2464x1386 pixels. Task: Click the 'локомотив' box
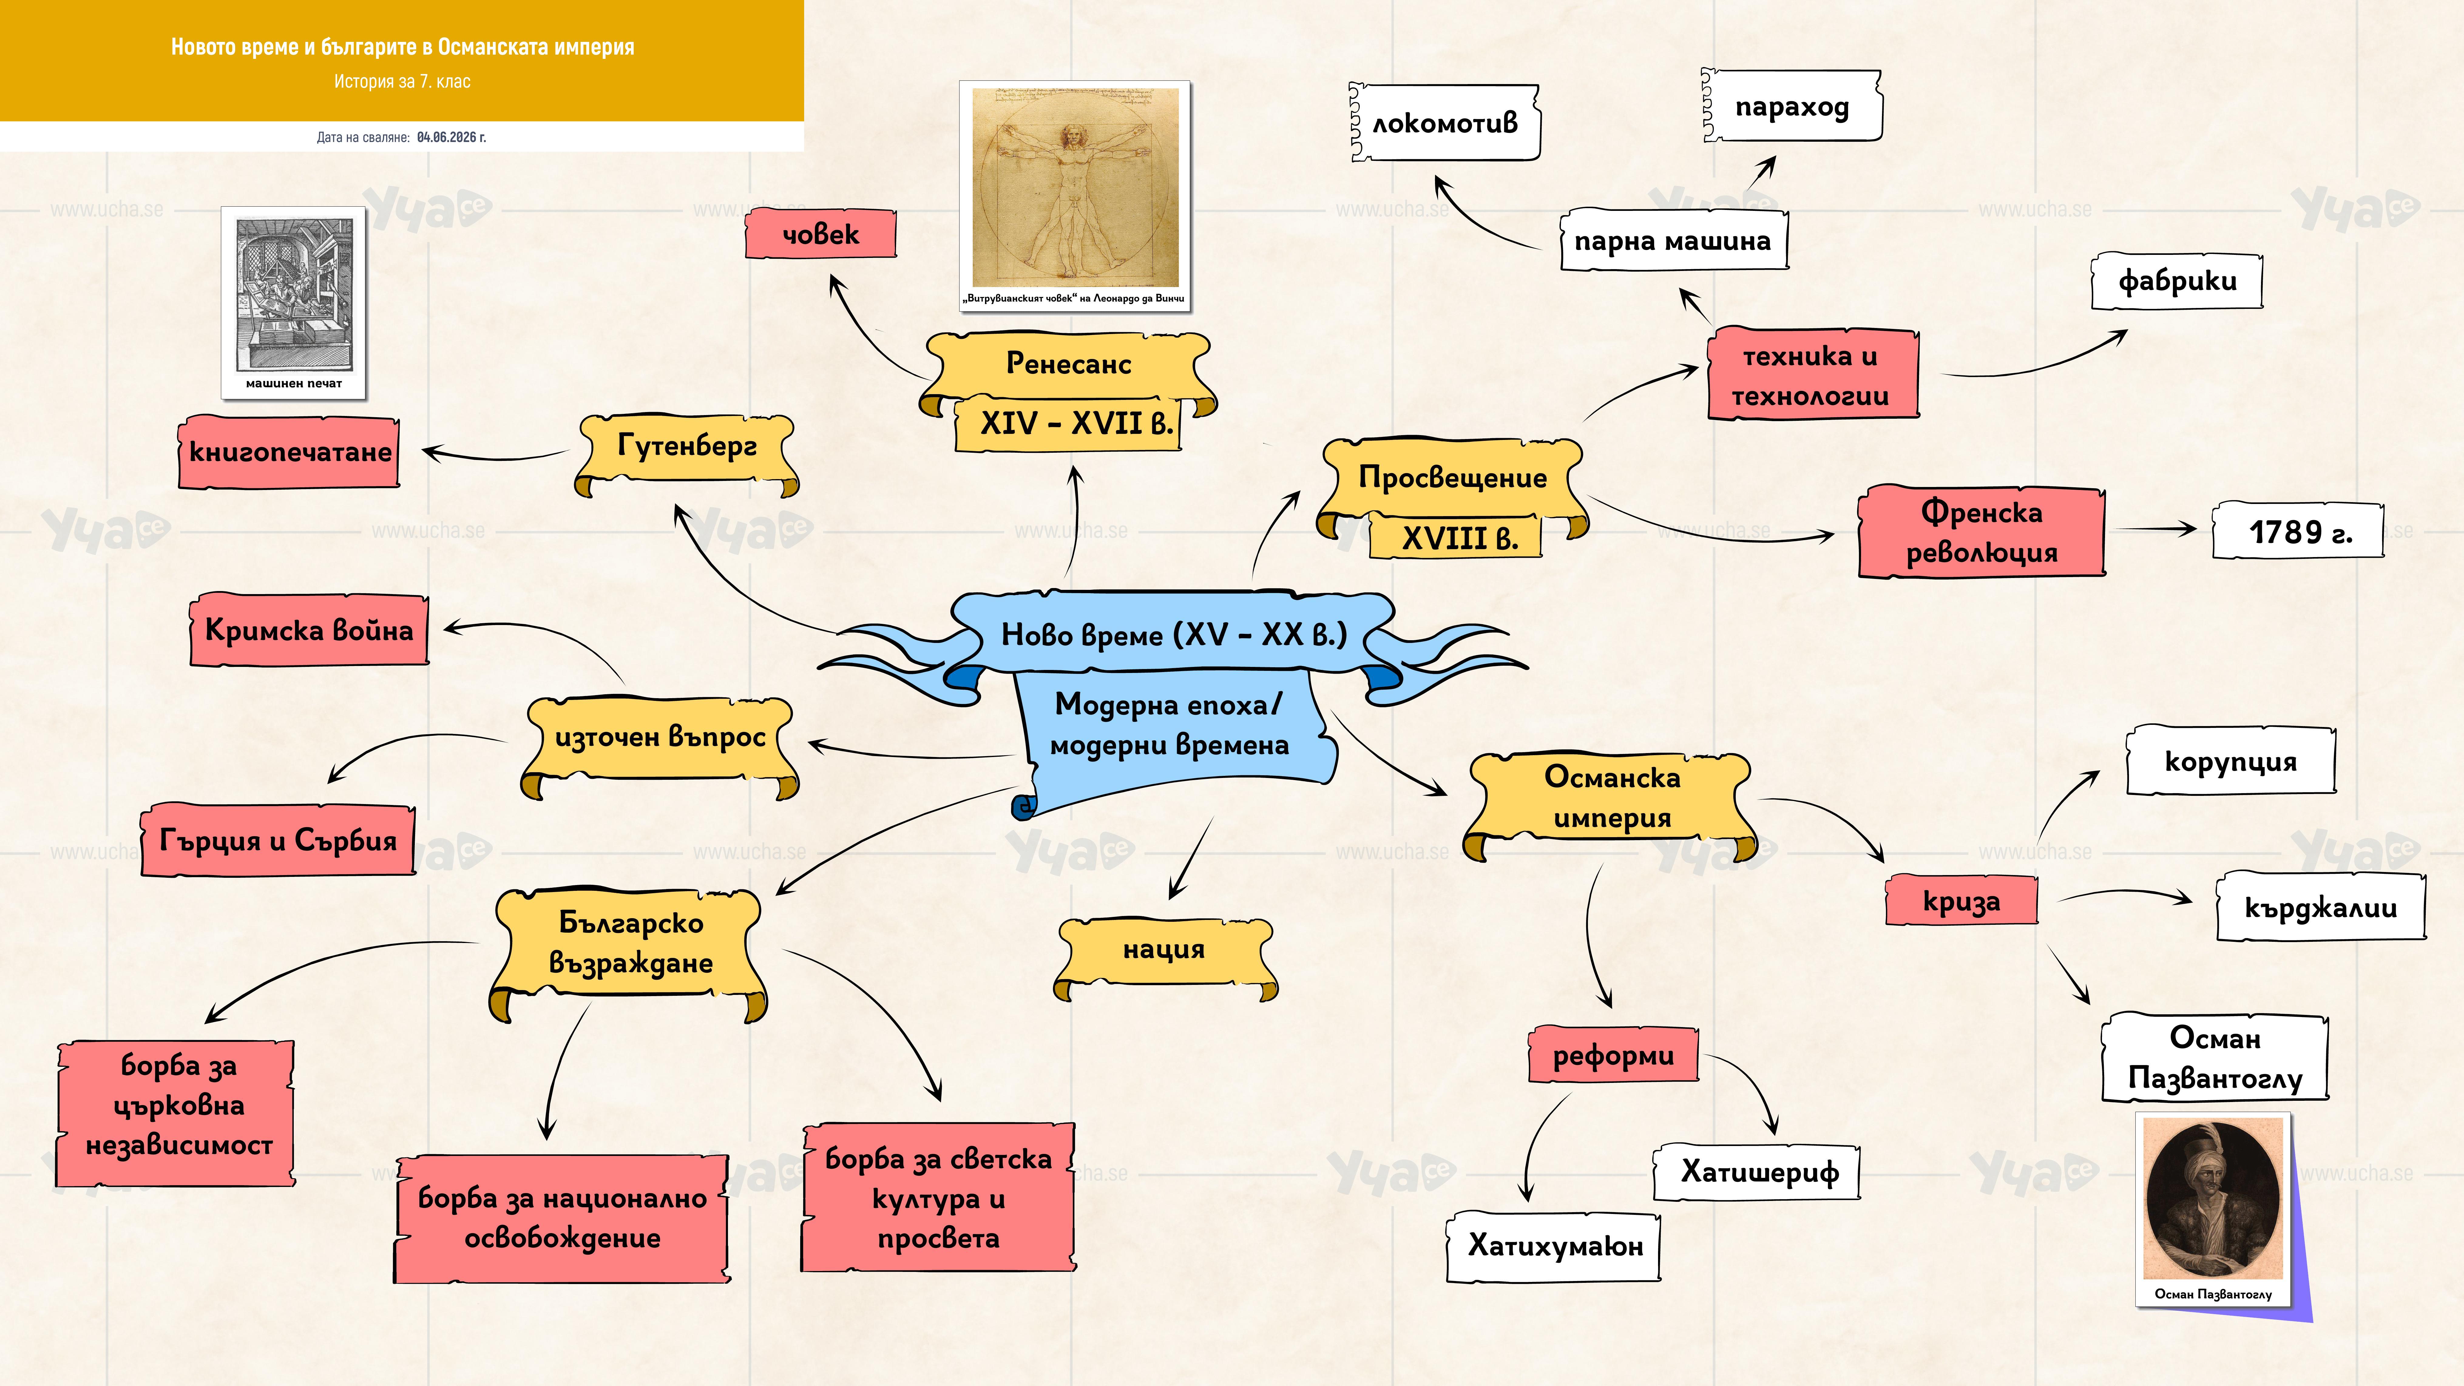click(x=1444, y=123)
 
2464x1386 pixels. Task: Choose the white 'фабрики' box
click(x=2177, y=281)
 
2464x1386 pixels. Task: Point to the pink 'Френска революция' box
click(x=1981, y=532)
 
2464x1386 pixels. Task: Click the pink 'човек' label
click(x=821, y=234)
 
